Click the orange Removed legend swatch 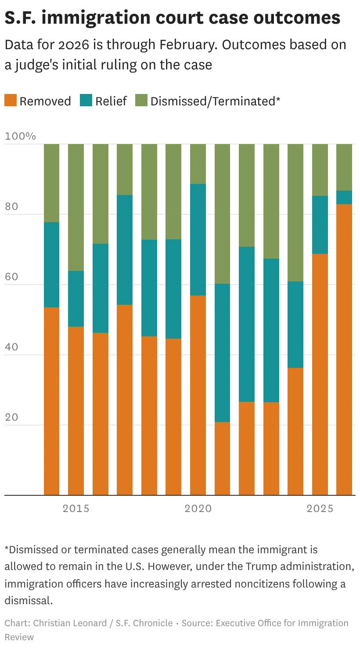pyautogui.click(x=11, y=101)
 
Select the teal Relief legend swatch pyautogui.click(x=86, y=101)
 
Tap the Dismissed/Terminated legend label pyautogui.click(x=215, y=101)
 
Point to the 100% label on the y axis pyautogui.click(x=20, y=136)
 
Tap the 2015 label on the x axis pyautogui.click(x=76, y=508)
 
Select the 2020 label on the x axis pyautogui.click(x=198, y=508)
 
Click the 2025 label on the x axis pyautogui.click(x=320, y=508)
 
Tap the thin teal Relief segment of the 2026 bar pyautogui.click(x=344, y=197)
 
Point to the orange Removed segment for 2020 pyautogui.click(x=198, y=395)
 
